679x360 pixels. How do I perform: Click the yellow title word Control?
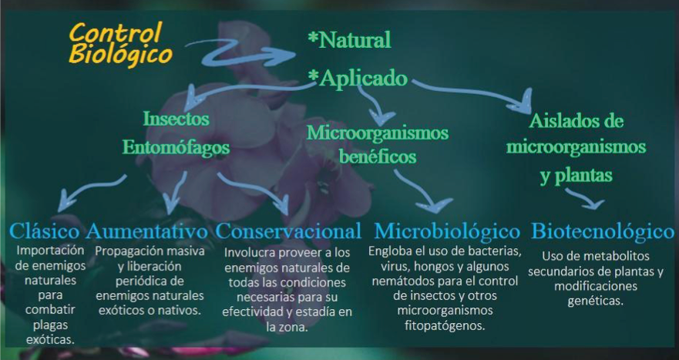(x=116, y=32)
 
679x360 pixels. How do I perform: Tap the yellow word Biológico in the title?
(x=120, y=55)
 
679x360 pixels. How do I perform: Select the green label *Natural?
(x=349, y=40)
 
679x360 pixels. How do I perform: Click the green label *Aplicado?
(x=358, y=78)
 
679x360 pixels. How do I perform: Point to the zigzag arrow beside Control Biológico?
(x=240, y=52)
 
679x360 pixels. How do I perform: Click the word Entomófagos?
(x=176, y=147)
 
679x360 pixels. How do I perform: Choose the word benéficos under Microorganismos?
(x=377, y=156)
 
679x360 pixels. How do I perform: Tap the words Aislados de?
(x=576, y=120)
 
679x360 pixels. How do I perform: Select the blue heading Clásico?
(x=45, y=231)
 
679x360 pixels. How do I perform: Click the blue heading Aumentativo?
(x=146, y=231)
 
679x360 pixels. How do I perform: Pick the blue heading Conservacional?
(x=288, y=231)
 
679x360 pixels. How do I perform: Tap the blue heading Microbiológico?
(x=447, y=231)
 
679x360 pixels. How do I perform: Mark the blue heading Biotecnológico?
(x=603, y=231)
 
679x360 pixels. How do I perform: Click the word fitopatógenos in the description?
(x=445, y=325)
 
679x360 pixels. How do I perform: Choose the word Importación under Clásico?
(x=50, y=251)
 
